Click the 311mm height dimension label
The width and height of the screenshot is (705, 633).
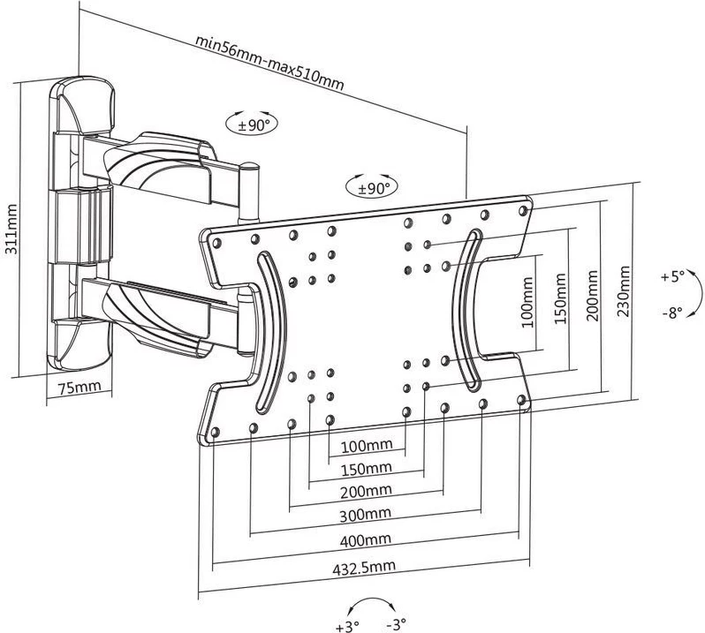(x=11, y=230)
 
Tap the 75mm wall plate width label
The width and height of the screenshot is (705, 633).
(x=80, y=387)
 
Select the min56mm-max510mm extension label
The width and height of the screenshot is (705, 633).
(x=269, y=63)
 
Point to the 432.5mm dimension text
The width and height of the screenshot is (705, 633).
(x=364, y=567)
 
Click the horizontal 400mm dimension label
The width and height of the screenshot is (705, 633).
(x=366, y=540)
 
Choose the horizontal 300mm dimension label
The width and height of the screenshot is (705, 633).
(x=366, y=515)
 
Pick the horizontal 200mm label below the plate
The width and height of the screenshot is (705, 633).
(x=366, y=492)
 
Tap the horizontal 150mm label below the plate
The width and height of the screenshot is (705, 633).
(x=367, y=469)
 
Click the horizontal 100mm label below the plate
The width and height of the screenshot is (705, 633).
(x=367, y=446)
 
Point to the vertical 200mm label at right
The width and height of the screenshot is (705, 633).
(x=592, y=295)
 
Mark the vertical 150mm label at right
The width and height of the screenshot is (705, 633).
(x=560, y=298)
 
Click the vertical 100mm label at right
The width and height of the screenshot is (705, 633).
(x=527, y=302)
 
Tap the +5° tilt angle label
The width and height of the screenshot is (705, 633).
(x=672, y=276)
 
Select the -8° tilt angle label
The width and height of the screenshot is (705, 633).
(x=672, y=313)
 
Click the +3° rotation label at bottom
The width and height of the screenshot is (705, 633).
(x=347, y=625)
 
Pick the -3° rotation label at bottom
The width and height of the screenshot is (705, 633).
(x=396, y=623)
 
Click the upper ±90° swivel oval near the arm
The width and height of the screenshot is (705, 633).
(x=251, y=124)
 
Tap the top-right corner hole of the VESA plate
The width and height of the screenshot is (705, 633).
(x=522, y=210)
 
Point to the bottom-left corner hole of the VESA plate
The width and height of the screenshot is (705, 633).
(x=215, y=433)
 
